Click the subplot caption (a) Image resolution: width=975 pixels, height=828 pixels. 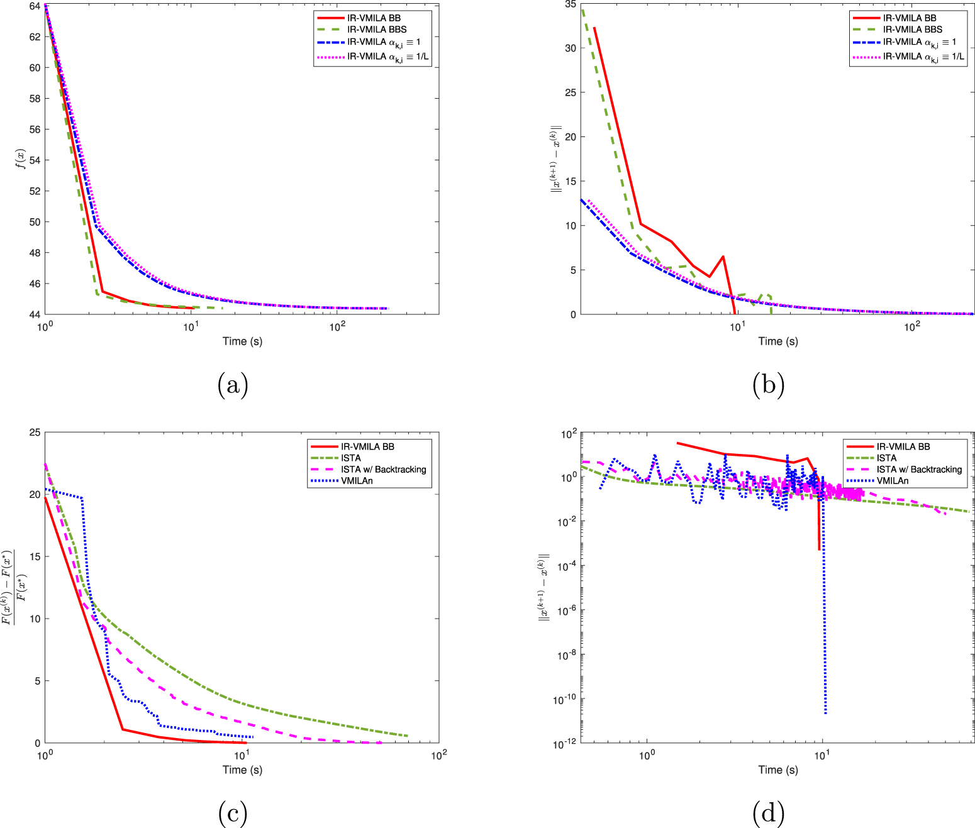tap(233, 384)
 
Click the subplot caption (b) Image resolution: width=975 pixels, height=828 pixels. tap(768, 384)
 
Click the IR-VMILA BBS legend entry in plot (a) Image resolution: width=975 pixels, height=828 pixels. tap(377, 30)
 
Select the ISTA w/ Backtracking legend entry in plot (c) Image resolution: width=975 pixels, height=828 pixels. tap(383, 470)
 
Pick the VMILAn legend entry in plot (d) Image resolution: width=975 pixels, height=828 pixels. tap(893, 481)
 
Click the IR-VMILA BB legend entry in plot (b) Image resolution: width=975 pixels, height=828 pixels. tap(909, 18)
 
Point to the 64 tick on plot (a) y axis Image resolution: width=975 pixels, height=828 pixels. tap(35, 6)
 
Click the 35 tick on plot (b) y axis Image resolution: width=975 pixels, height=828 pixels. tap(570, 4)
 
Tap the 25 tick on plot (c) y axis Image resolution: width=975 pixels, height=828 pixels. tap(35, 433)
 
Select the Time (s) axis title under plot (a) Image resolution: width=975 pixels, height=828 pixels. tap(242, 341)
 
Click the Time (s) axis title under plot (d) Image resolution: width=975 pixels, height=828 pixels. tap(778, 770)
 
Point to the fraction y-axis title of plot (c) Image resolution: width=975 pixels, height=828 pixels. tap(15, 588)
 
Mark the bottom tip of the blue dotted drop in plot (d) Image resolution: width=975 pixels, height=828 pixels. tap(825, 713)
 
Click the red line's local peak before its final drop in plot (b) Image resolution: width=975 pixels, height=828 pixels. tap(723, 257)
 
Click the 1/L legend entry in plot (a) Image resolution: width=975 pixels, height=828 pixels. tap(387, 57)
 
